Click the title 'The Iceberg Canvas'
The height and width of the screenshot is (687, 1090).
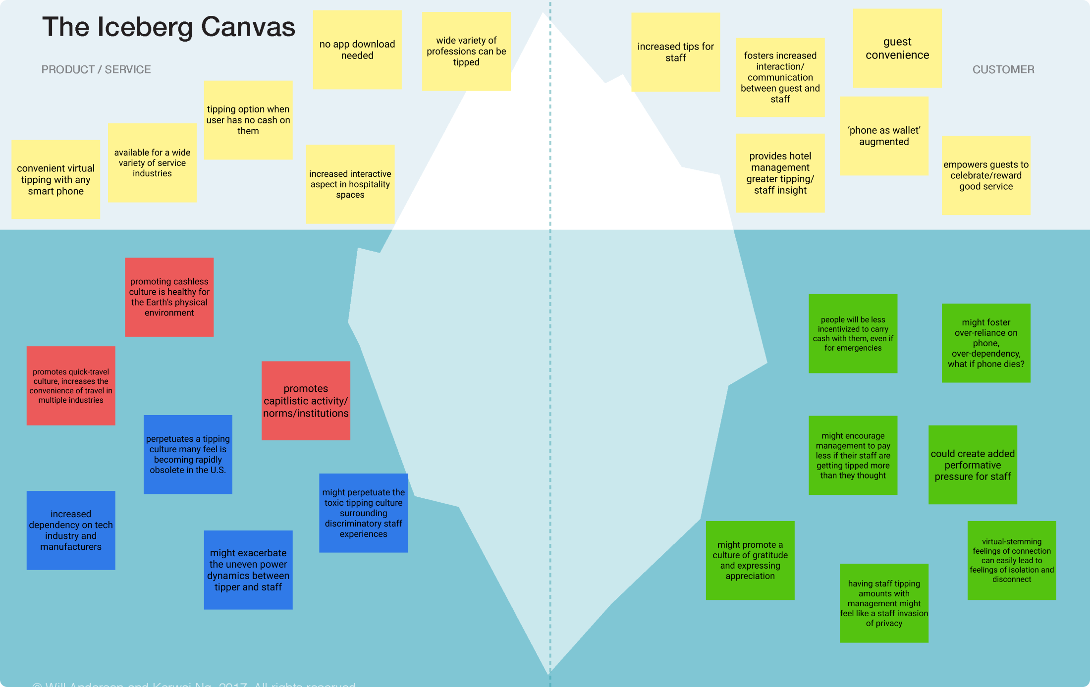(168, 27)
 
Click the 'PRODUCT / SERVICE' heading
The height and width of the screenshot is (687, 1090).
(96, 69)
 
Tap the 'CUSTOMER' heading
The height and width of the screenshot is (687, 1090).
(1003, 69)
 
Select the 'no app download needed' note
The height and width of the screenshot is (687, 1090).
(357, 50)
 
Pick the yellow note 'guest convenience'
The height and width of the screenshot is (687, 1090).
(897, 48)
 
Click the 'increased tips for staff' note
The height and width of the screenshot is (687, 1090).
(675, 52)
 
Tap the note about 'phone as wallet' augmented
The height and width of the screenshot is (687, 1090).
(884, 136)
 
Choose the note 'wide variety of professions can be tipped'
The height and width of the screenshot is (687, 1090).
(466, 51)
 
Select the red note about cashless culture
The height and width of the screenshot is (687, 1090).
(169, 297)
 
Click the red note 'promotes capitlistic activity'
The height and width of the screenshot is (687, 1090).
(306, 400)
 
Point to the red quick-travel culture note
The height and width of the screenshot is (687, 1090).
(71, 385)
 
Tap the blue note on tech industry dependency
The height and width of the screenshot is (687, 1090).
(71, 530)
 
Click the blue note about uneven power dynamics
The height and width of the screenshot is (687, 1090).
(248, 570)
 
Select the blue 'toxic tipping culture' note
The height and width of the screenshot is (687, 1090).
(363, 513)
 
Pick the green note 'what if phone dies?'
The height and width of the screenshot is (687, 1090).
(986, 343)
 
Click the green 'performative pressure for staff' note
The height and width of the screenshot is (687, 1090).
(973, 465)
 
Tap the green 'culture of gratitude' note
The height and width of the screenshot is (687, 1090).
(750, 560)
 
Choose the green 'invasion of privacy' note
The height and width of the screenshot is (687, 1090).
(884, 603)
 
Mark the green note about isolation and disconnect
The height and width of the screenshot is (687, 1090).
(1012, 560)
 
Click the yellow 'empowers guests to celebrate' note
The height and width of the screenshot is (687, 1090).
(986, 175)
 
